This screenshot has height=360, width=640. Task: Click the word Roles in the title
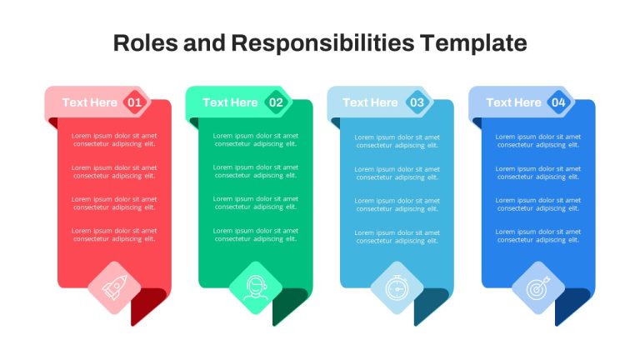(145, 42)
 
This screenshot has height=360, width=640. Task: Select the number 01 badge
(134, 102)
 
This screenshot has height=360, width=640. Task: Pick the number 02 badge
(276, 102)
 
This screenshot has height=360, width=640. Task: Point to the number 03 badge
(417, 102)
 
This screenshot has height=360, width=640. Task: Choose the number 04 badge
(558, 102)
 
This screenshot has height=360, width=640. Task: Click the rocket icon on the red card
(114, 287)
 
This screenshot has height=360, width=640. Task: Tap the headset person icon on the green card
(256, 287)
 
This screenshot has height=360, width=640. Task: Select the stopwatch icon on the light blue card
(397, 287)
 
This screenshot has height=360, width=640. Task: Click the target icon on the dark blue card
(538, 287)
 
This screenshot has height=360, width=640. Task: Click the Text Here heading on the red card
(90, 102)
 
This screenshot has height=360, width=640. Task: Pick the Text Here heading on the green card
(230, 102)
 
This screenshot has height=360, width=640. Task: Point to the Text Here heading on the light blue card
(370, 102)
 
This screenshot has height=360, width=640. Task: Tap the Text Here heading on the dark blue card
(513, 102)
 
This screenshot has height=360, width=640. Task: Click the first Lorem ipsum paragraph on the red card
(114, 140)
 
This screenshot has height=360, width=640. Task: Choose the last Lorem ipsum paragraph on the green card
(256, 235)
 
